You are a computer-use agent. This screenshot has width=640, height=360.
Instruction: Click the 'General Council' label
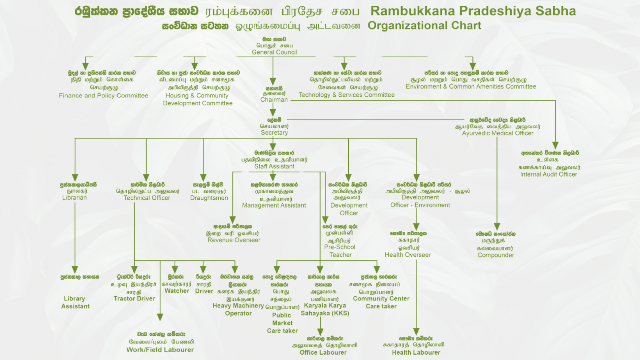(274, 52)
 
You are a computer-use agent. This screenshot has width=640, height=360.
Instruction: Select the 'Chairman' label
(274, 100)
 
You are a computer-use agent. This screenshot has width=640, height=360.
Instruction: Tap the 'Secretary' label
(274, 133)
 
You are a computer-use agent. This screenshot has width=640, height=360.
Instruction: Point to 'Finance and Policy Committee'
(103, 96)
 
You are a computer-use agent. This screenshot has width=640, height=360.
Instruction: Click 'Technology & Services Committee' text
(346, 95)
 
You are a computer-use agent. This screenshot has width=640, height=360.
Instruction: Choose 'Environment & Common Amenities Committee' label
(471, 87)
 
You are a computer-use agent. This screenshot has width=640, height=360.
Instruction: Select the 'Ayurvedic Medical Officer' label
(498, 133)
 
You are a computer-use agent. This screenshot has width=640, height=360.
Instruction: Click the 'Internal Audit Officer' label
(548, 174)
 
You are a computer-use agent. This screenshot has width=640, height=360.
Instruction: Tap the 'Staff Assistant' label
(274, 166)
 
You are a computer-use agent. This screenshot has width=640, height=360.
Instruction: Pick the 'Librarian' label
(74, 198)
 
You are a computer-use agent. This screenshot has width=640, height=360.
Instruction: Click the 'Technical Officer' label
(147, 198)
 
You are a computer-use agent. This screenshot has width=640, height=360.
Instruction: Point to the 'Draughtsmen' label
(209, 198)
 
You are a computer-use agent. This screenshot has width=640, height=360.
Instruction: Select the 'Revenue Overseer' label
(234, 240)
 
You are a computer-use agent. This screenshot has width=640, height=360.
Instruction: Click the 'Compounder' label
(495, 255)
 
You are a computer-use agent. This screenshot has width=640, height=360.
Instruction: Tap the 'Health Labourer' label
(416, 353)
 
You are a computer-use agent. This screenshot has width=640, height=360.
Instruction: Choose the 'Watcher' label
(177, 291)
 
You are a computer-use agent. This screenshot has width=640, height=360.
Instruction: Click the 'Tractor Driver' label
(134, 299)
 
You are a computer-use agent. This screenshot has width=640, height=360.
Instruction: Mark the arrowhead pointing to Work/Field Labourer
(160, 317)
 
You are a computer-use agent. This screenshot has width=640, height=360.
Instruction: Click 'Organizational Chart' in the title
(424, 26)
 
